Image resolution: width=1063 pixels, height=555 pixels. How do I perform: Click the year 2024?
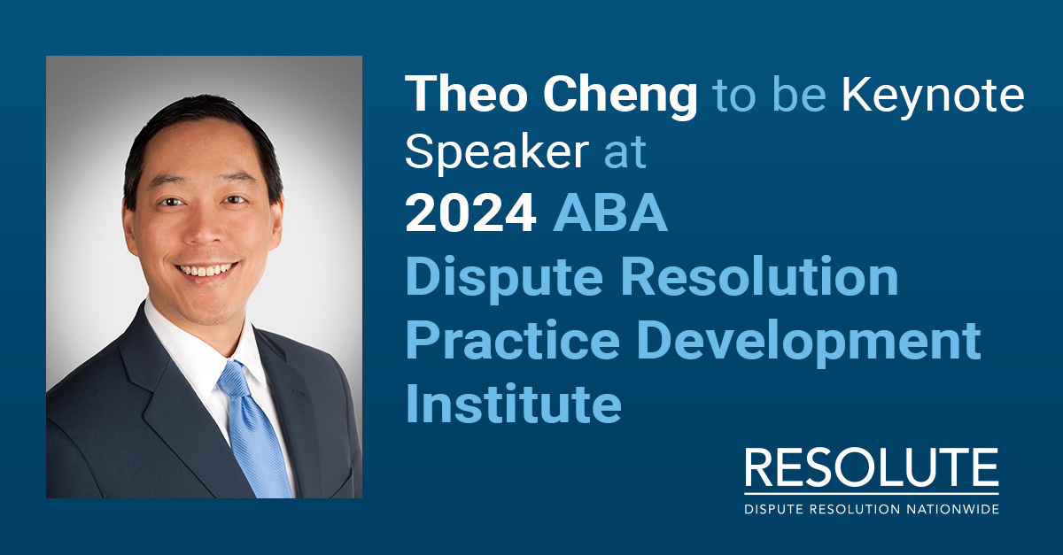click(x=470, y=214)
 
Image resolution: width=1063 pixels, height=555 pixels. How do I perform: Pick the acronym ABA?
click(x=610, y=214)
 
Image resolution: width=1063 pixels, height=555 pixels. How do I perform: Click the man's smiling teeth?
click(x=206, y=268)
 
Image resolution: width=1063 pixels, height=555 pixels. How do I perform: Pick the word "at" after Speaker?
click(x=625, y=154)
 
